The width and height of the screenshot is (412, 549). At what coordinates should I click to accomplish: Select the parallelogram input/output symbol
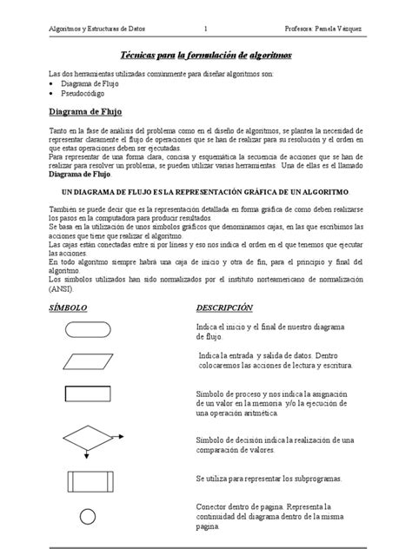pos(88,360)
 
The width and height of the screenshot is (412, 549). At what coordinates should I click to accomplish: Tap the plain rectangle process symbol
pos(88,398)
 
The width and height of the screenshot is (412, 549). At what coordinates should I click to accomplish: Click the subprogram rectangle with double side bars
pos(88,480)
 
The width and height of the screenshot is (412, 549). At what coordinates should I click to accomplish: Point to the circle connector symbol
pos(88,517)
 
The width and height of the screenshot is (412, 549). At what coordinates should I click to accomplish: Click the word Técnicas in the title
pos(143,55)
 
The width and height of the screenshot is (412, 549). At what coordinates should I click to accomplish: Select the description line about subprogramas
pos(269,479)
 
